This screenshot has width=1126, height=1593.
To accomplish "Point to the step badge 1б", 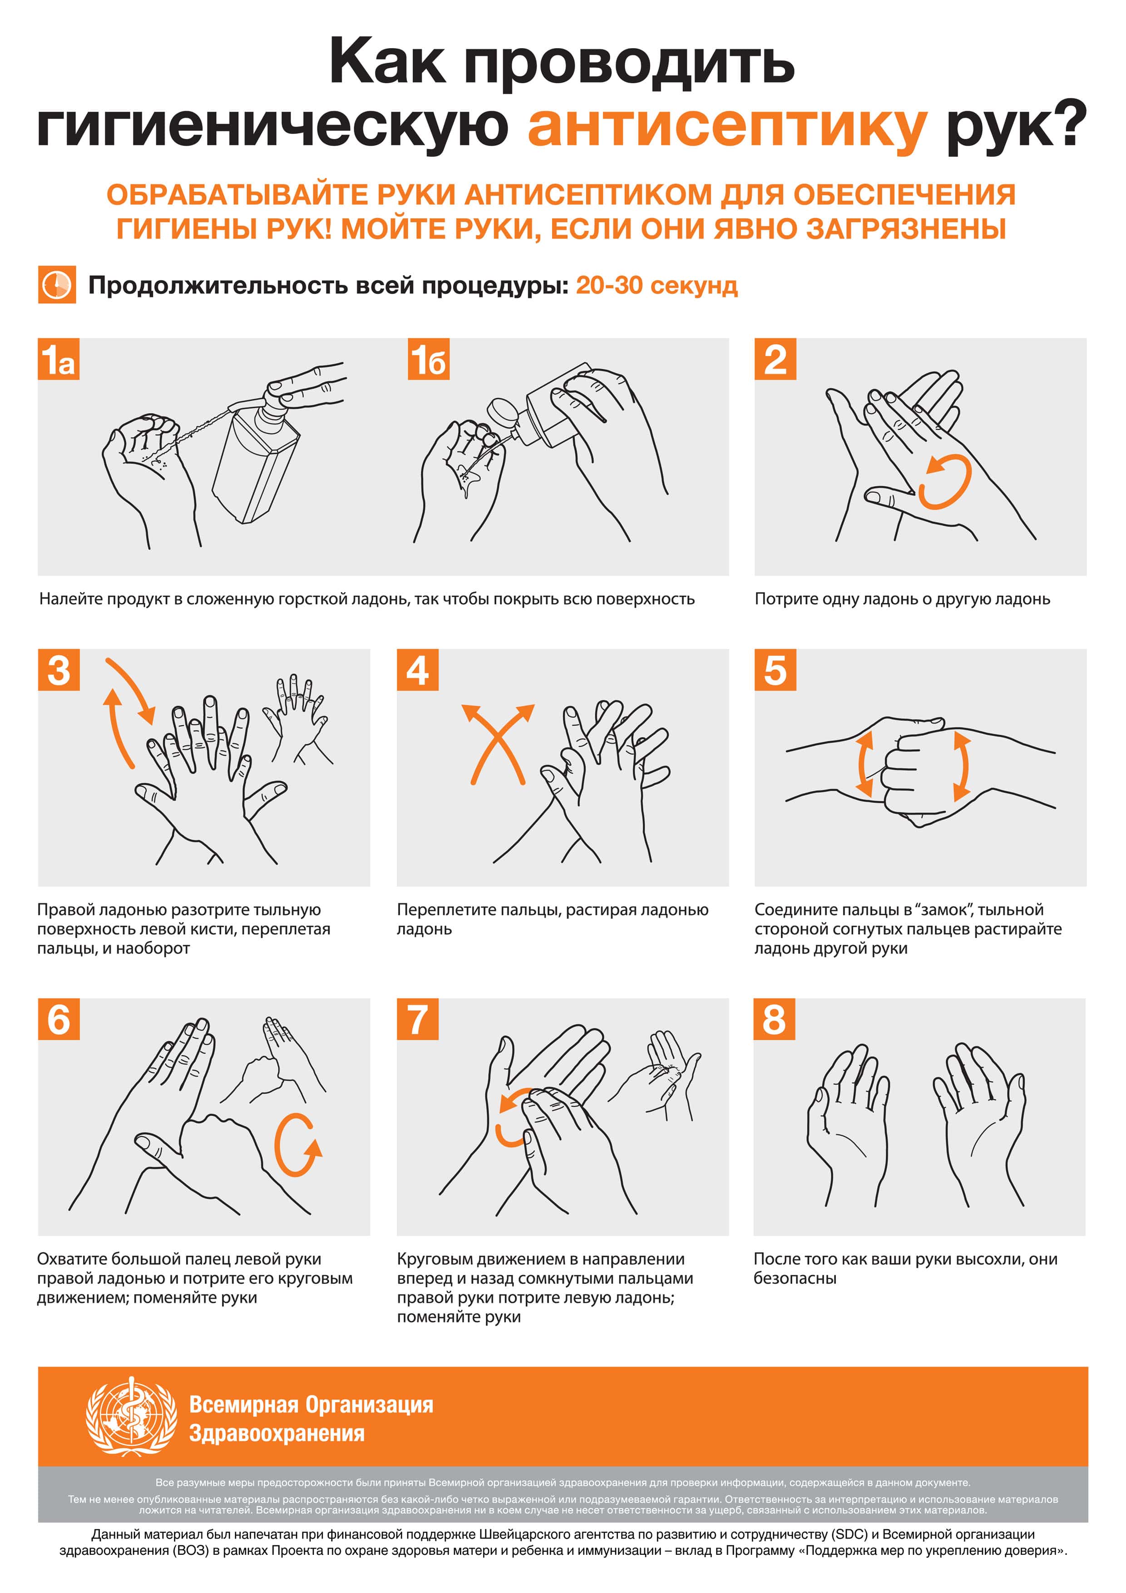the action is coord(429,359).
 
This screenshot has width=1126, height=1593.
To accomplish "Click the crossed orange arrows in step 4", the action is coord(498,744).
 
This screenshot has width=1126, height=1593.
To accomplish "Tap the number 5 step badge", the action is coord(775,669).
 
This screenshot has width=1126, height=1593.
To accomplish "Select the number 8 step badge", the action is coord(774,1019).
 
